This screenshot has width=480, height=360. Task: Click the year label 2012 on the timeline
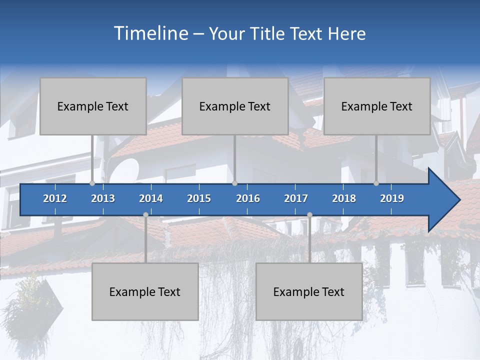coord(55,198)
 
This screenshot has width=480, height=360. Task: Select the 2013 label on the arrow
coord(103,198)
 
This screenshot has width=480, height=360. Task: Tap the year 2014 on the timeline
coord(151,198)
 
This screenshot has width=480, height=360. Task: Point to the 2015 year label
coord(199,198)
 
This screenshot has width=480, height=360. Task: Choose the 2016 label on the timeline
coord(248,198)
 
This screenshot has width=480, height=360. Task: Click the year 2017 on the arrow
coord(296,198)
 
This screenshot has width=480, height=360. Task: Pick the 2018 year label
coord(344,198)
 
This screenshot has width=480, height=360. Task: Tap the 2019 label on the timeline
coord(392,198)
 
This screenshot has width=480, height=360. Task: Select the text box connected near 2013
coord(93,106)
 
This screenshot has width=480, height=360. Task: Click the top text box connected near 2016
coord(235,106)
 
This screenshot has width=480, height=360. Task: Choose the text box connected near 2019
coord(377,106)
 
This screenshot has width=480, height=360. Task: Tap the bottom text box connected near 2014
coord(145,291)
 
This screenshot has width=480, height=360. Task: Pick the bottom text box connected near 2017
coord(309,291)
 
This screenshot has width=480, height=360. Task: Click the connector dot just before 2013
coord(92,183)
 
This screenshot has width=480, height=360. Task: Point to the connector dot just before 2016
coord(234,183)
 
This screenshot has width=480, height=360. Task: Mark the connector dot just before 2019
coord(376,183)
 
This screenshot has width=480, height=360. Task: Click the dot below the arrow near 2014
coord(145,215)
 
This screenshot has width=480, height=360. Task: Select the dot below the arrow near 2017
coord(309,215)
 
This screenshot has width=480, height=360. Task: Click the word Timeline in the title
coord(150,33)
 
